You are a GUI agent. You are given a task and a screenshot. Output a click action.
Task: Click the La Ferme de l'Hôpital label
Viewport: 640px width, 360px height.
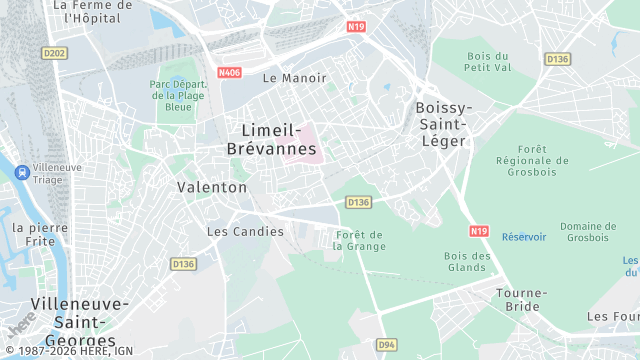tap(97, 11)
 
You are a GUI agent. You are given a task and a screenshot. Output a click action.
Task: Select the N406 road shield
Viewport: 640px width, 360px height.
tap(229, 72)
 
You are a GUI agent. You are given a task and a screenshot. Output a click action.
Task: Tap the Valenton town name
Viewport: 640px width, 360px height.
tap(212, 187)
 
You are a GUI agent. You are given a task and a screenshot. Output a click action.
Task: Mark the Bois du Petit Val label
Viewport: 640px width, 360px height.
tap(487, 62)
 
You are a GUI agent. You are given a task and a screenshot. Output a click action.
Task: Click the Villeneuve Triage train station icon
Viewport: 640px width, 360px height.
tap(21, 171)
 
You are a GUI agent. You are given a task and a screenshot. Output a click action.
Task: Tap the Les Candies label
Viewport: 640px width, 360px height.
tap(245, 231)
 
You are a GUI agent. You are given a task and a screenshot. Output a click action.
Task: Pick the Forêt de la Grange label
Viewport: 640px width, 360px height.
tap(359, 239)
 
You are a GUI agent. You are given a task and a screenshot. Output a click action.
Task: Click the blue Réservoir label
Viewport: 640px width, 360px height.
tap(524, 237)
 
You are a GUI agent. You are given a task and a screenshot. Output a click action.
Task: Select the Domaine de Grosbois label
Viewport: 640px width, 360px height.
tap(589, 231)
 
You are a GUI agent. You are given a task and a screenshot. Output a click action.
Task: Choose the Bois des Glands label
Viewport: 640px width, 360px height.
tap(467, 261)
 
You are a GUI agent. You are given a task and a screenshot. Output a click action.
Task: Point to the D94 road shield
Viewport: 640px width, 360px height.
tap(386, 344)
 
